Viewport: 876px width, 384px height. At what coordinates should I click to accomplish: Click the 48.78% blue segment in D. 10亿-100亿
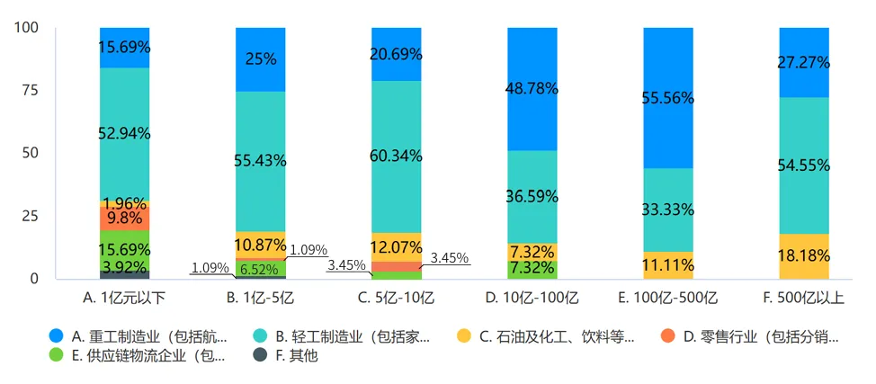(x=532, y=88)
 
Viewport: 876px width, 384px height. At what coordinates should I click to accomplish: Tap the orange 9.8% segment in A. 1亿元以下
(x=125, y=218)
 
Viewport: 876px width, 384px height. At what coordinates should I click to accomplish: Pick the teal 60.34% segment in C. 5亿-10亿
(x=396, y=156)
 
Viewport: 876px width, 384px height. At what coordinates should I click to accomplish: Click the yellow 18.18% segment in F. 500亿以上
(x=803, y=256)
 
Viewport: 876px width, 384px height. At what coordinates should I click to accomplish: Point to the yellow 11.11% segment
(x=667, y=265)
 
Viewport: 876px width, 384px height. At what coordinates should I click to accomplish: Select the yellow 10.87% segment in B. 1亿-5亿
(x=261, y=245)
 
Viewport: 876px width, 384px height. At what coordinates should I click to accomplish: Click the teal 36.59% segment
(x=532, y=196)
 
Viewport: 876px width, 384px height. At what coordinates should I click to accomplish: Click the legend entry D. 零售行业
(x=760, y=337)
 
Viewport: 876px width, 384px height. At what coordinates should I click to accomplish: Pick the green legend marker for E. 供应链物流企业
(x=56, y=355)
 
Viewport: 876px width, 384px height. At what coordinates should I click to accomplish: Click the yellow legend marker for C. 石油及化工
(x=463, y=337)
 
